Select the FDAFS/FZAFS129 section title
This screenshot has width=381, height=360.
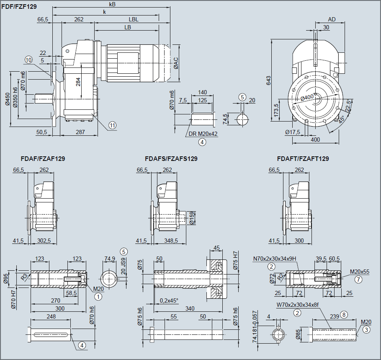pos(171,159)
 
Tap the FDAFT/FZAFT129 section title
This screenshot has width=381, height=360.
pos(303,159)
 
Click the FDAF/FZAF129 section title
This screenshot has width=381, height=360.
pos(43,159)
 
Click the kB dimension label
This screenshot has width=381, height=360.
pos(112,4)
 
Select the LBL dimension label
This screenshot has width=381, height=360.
pos(134,19)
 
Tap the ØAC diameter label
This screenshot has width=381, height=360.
pos(176,63)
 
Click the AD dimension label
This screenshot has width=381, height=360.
pos(332,19)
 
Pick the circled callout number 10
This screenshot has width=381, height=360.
pos(28,60)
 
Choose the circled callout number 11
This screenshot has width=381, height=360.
pos(112,125)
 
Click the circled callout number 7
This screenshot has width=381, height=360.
pos(358,279)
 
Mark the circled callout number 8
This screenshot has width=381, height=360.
pos(344,314)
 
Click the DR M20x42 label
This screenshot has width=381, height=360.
pos(203,134)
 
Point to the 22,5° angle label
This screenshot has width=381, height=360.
pos(349,104)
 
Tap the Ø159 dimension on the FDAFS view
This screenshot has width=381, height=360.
pos(192,218)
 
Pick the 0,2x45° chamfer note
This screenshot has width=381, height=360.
pos(169,300)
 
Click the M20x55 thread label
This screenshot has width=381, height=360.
pos(359,271)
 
